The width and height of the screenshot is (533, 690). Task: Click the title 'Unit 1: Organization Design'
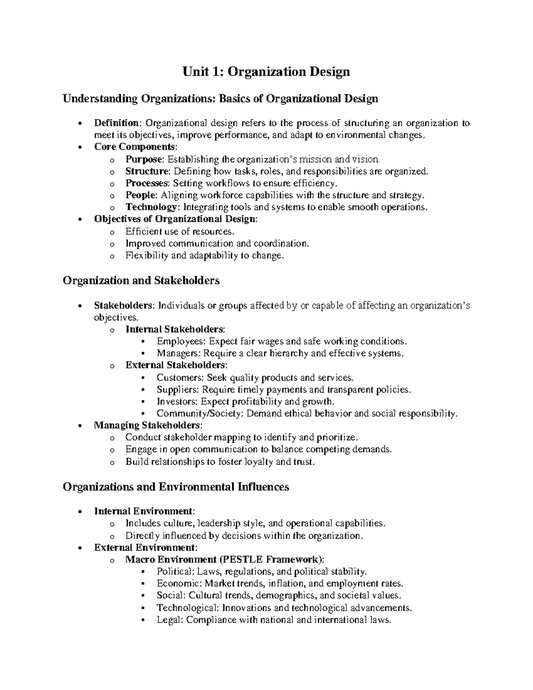coord(266,72)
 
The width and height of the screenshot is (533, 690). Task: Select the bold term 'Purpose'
coord(144,159)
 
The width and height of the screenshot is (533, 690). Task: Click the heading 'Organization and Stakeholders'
coord(141,281)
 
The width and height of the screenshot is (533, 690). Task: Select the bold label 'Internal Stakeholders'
coord(175,329)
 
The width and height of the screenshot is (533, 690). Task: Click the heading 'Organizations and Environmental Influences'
coord(176,487)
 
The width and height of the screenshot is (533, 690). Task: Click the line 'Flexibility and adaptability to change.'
coord(204,255)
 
